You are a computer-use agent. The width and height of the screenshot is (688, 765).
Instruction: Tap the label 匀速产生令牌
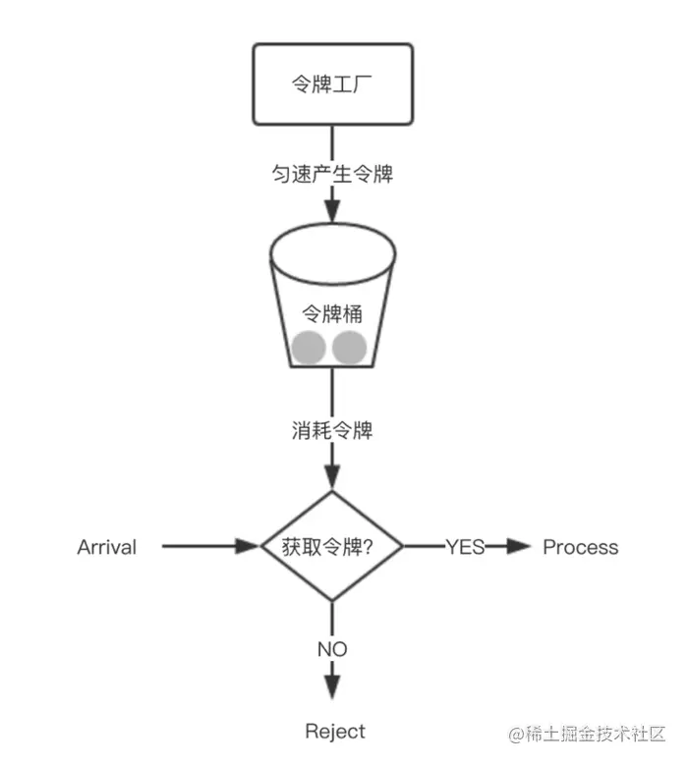(x=332, y=174)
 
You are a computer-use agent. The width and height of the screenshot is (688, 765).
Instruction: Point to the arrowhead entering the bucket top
(x=332, y=210)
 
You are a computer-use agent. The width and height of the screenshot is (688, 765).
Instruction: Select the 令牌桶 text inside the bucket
(x=332, y=313)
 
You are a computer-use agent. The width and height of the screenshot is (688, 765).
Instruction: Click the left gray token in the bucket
(x=309, y=348)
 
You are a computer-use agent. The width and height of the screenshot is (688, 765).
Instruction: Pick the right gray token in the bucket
(x=349, y=348)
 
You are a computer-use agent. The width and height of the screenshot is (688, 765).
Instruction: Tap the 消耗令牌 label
(x=332, y=430)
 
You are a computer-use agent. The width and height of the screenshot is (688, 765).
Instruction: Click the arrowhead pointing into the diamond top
(x=332, y=477)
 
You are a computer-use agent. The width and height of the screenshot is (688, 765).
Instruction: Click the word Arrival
(x=107, y=547)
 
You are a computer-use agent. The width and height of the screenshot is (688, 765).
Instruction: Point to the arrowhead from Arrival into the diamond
(x=247, y=546)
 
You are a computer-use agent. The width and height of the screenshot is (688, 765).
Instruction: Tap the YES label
(x=465, y=547)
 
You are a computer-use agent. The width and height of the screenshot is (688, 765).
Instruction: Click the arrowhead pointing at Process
(x=519, y=546)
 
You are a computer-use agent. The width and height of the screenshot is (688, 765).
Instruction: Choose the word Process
(x=581, y=547)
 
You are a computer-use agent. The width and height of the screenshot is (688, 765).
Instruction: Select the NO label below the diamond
(x=332, y=649)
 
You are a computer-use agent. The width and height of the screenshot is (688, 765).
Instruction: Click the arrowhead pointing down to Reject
(x=332, y=687)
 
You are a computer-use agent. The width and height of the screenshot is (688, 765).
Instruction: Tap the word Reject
(x=335, y=732)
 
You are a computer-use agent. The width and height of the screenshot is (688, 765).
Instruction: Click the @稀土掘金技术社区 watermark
(x=588, y=734)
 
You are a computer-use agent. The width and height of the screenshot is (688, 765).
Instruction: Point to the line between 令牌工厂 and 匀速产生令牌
(x=332, y=144)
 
